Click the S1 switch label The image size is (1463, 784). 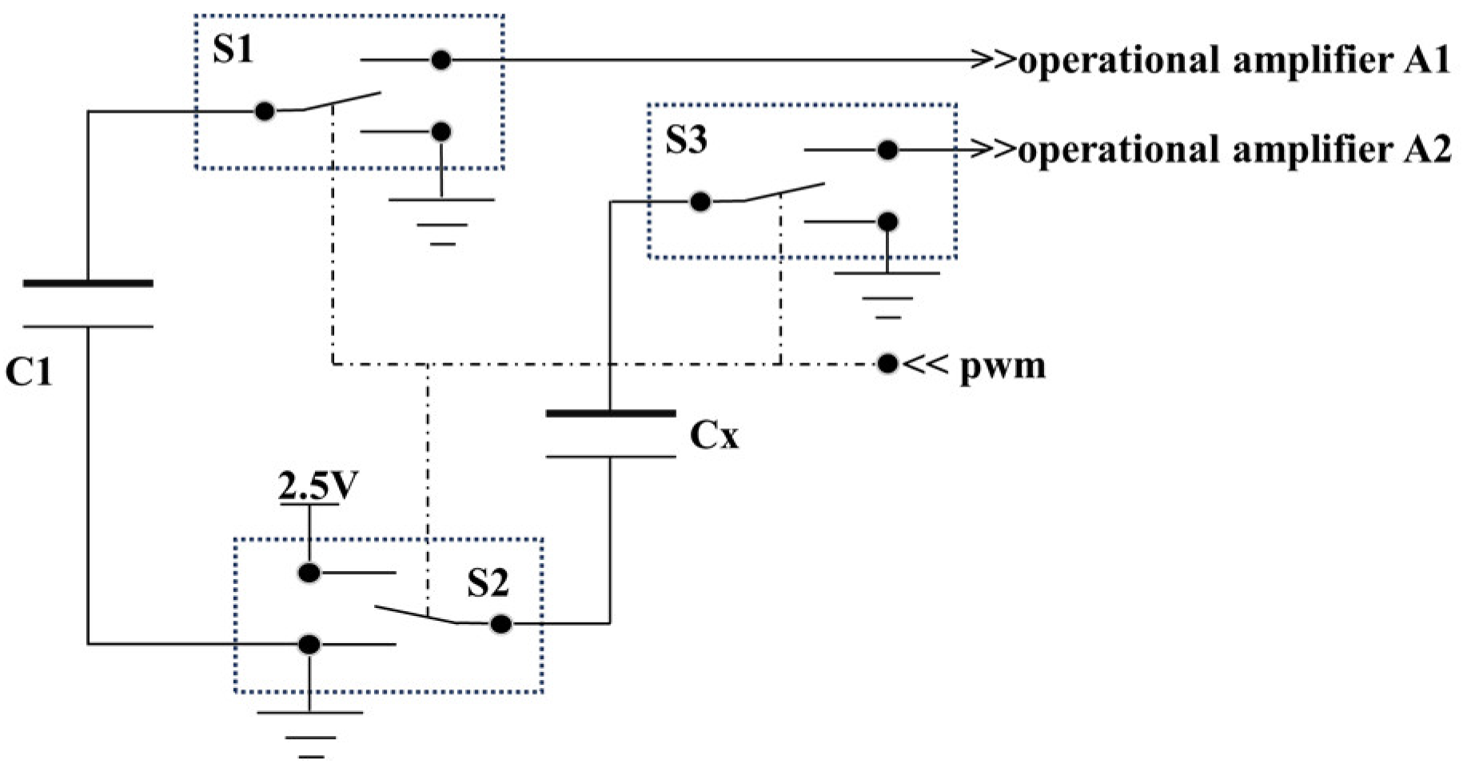233,50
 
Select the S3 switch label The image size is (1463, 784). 686,141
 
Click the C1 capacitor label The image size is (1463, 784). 28,372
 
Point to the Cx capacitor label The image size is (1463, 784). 714,436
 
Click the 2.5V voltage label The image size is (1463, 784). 313,487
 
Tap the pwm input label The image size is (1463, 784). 1002,366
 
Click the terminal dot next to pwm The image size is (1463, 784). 887,364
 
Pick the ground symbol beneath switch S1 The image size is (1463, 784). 441,220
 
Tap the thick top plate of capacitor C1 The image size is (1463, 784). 88,283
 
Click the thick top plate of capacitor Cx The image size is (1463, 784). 611,413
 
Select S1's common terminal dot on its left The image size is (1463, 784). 264,111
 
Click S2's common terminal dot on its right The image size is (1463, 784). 500,623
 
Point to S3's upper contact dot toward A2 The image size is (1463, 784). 887,150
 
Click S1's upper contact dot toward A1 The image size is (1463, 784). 440,60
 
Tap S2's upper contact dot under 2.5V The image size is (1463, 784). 309,573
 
